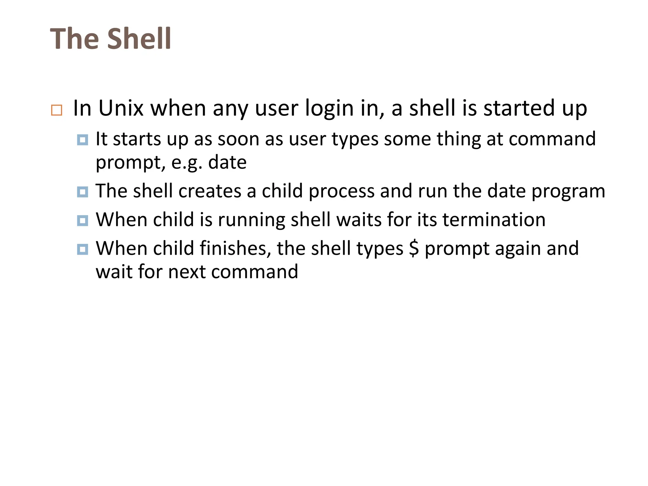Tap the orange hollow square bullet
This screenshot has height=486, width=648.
pos(57,110)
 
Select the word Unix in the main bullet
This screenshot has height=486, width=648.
pos(121,108)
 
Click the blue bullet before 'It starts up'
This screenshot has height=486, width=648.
pos(83,140)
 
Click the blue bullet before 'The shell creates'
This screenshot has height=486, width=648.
pos(83,192)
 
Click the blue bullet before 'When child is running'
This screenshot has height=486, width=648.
pos(83,220)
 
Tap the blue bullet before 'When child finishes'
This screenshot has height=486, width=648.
pos(83,249)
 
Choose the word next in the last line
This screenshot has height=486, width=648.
pos(186,272)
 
